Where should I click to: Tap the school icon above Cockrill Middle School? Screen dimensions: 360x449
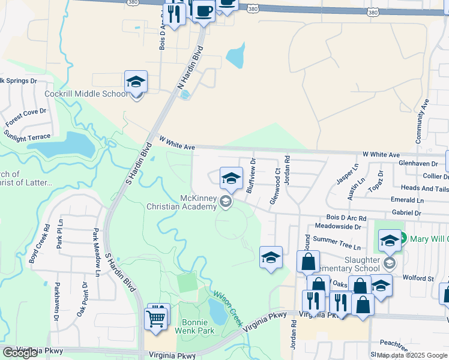pos(136,82)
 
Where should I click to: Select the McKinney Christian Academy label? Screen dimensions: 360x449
pos(181,202)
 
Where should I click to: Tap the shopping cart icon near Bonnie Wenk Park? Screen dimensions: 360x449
pos(156,317)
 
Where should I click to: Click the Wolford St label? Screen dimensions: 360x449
pos(419,278)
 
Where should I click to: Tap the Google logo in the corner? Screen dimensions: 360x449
pos(20,352)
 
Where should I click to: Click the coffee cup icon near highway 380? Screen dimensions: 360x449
pos(203,11)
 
